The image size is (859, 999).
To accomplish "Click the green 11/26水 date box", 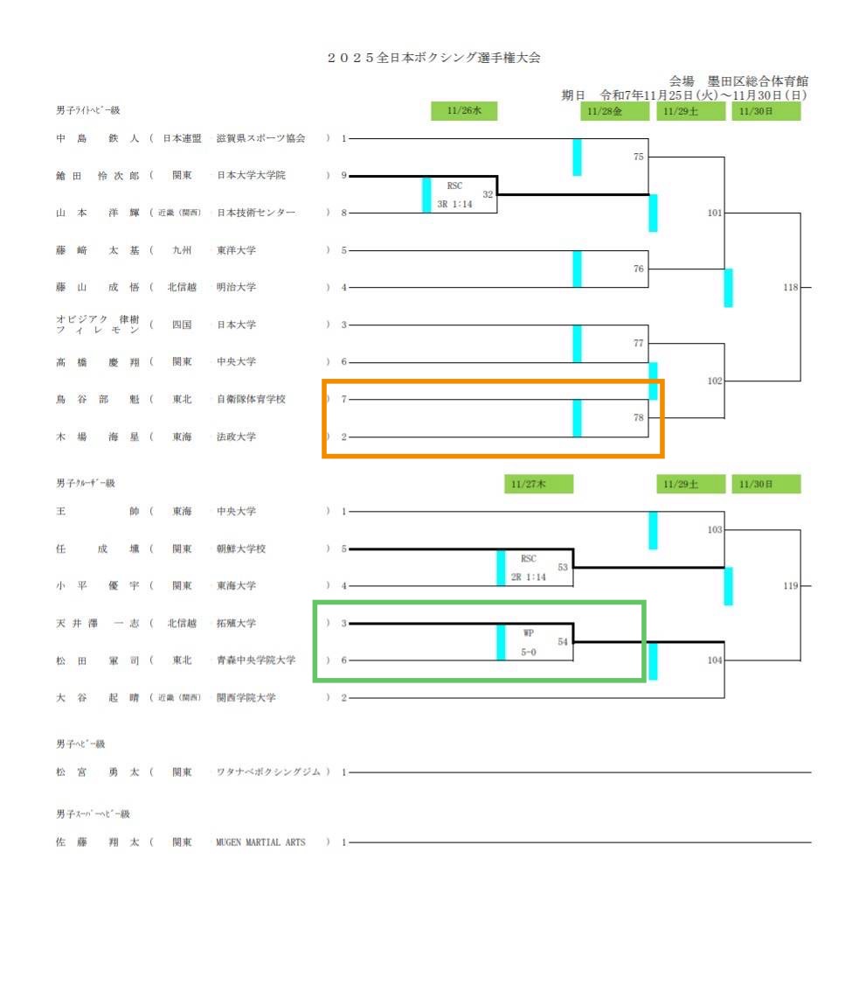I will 463,111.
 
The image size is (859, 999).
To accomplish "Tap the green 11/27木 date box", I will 538,484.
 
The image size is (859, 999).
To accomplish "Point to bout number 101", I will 715,213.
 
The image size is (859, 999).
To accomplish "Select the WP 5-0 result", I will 528,641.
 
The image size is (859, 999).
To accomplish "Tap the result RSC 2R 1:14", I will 528,567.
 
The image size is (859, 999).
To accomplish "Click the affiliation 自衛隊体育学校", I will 251,399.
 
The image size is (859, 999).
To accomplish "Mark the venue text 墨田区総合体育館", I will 758,81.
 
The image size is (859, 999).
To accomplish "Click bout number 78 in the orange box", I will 639,418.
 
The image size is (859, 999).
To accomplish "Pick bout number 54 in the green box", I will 563,642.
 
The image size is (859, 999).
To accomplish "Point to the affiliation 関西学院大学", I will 246,698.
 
